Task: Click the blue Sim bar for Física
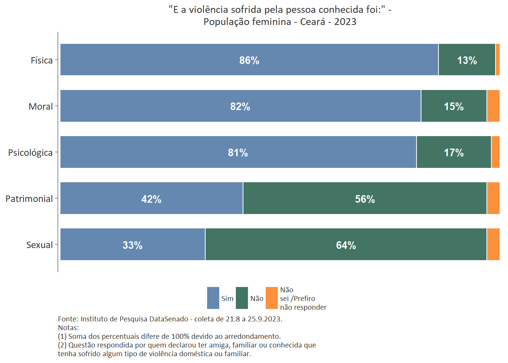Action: (189, 60)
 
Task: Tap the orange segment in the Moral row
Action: (493, 106)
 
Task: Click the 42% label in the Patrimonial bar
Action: (151, 199)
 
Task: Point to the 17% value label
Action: (454, 153)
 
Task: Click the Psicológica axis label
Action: (30, 153)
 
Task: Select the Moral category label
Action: (40, 107)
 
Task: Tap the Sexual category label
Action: (39, 245)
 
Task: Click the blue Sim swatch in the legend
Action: (213, 298)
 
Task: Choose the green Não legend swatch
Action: (242, 298)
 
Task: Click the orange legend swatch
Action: (272, 298)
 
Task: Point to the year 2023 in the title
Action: (345, 22)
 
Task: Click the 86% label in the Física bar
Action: (249, 60)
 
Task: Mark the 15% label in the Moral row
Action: (454, 107)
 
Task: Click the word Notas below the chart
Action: (68, 327)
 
